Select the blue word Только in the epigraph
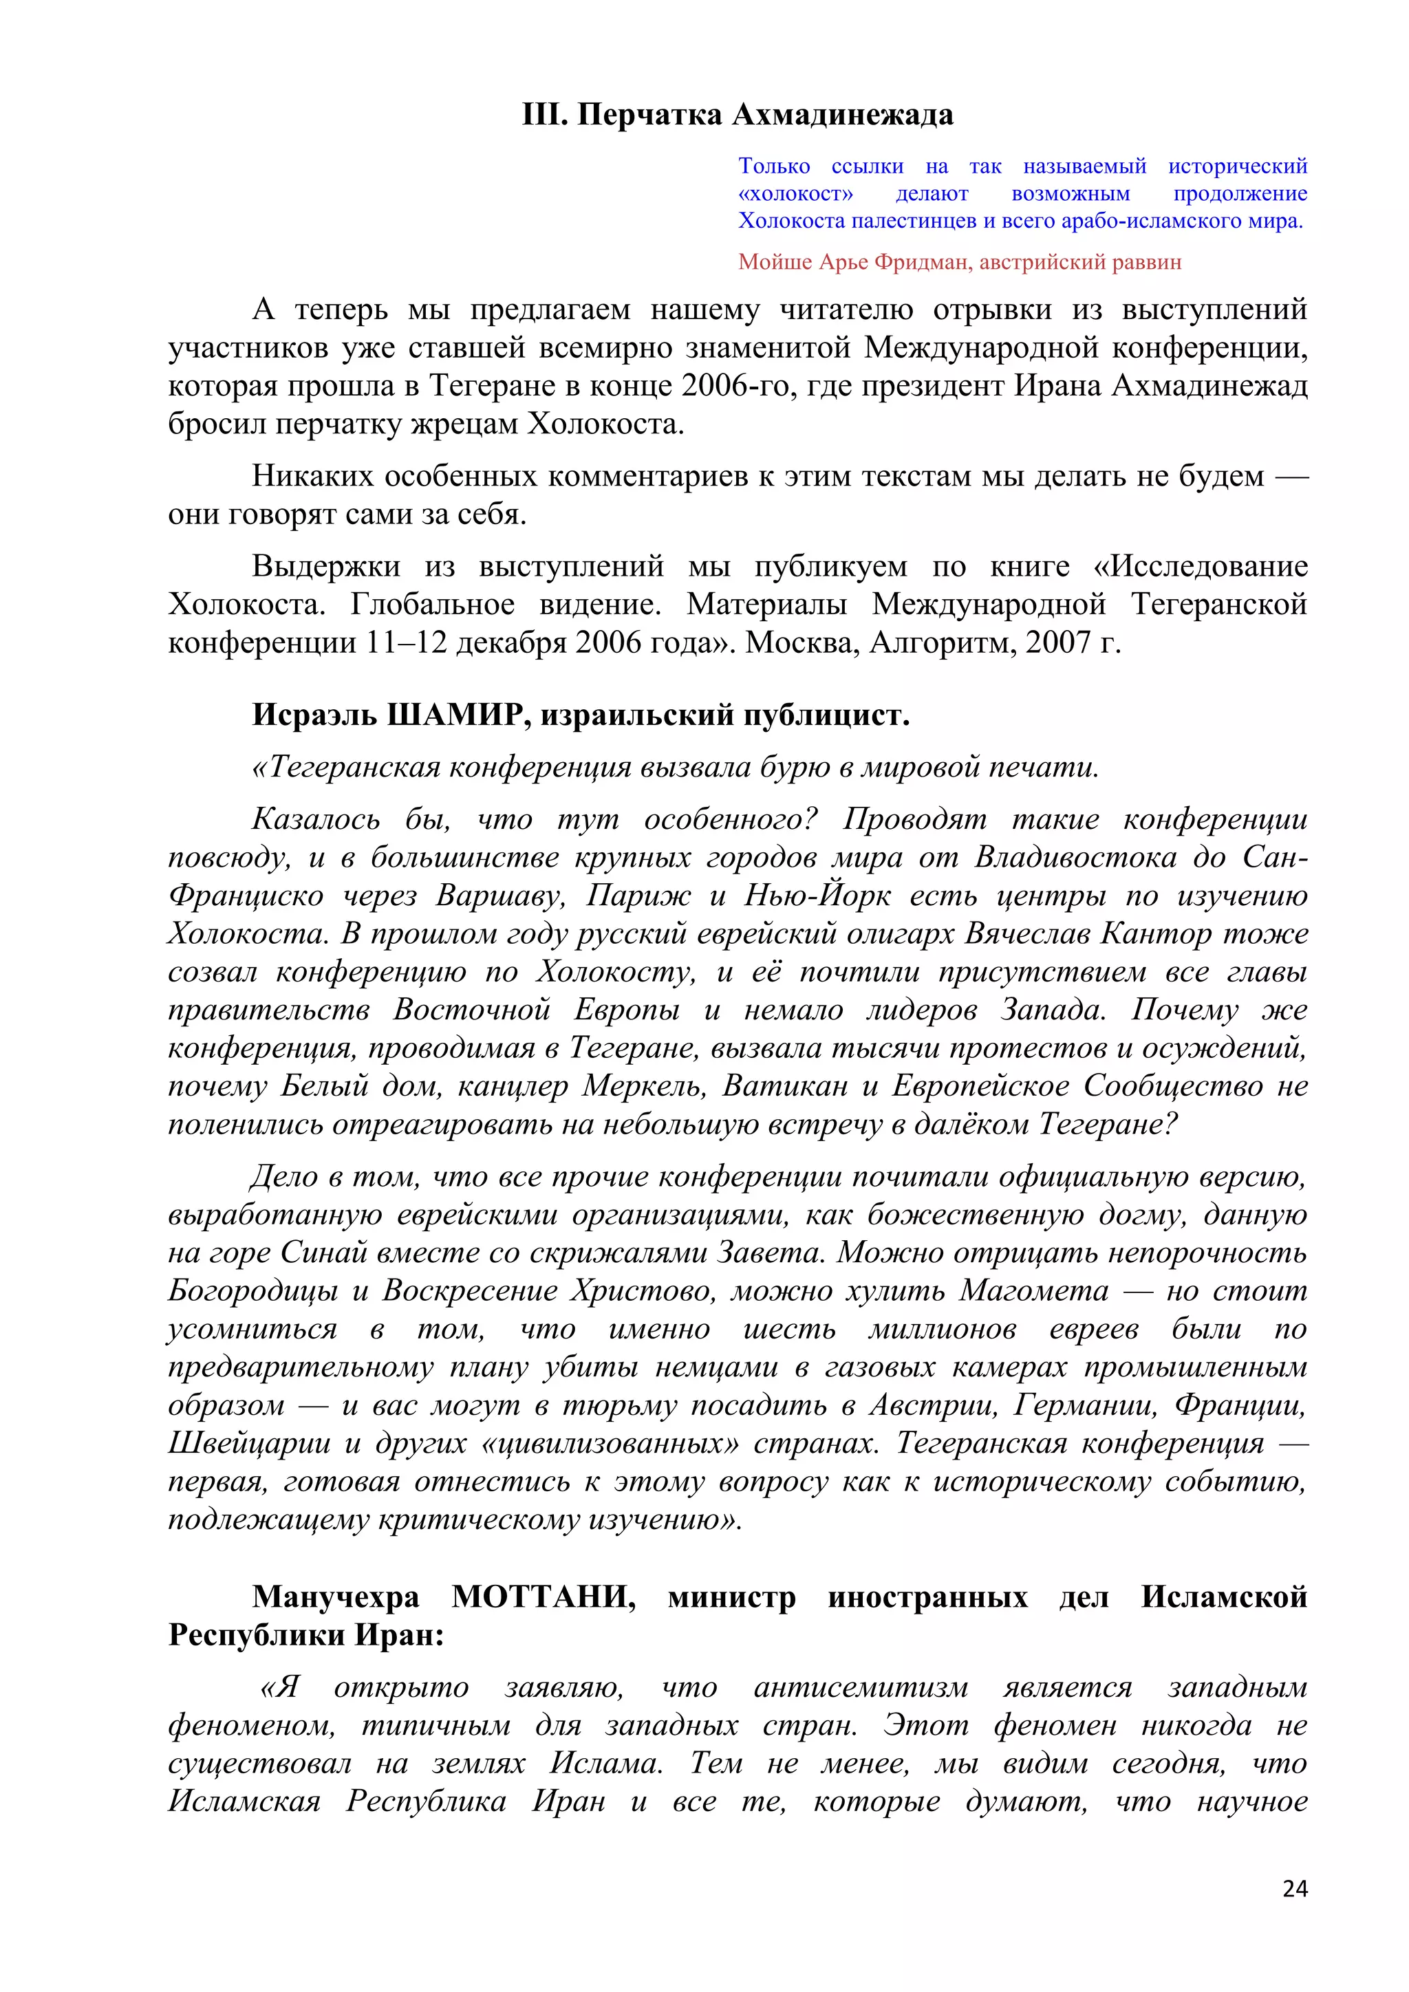(774, 166)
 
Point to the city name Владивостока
(1074, 857)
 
